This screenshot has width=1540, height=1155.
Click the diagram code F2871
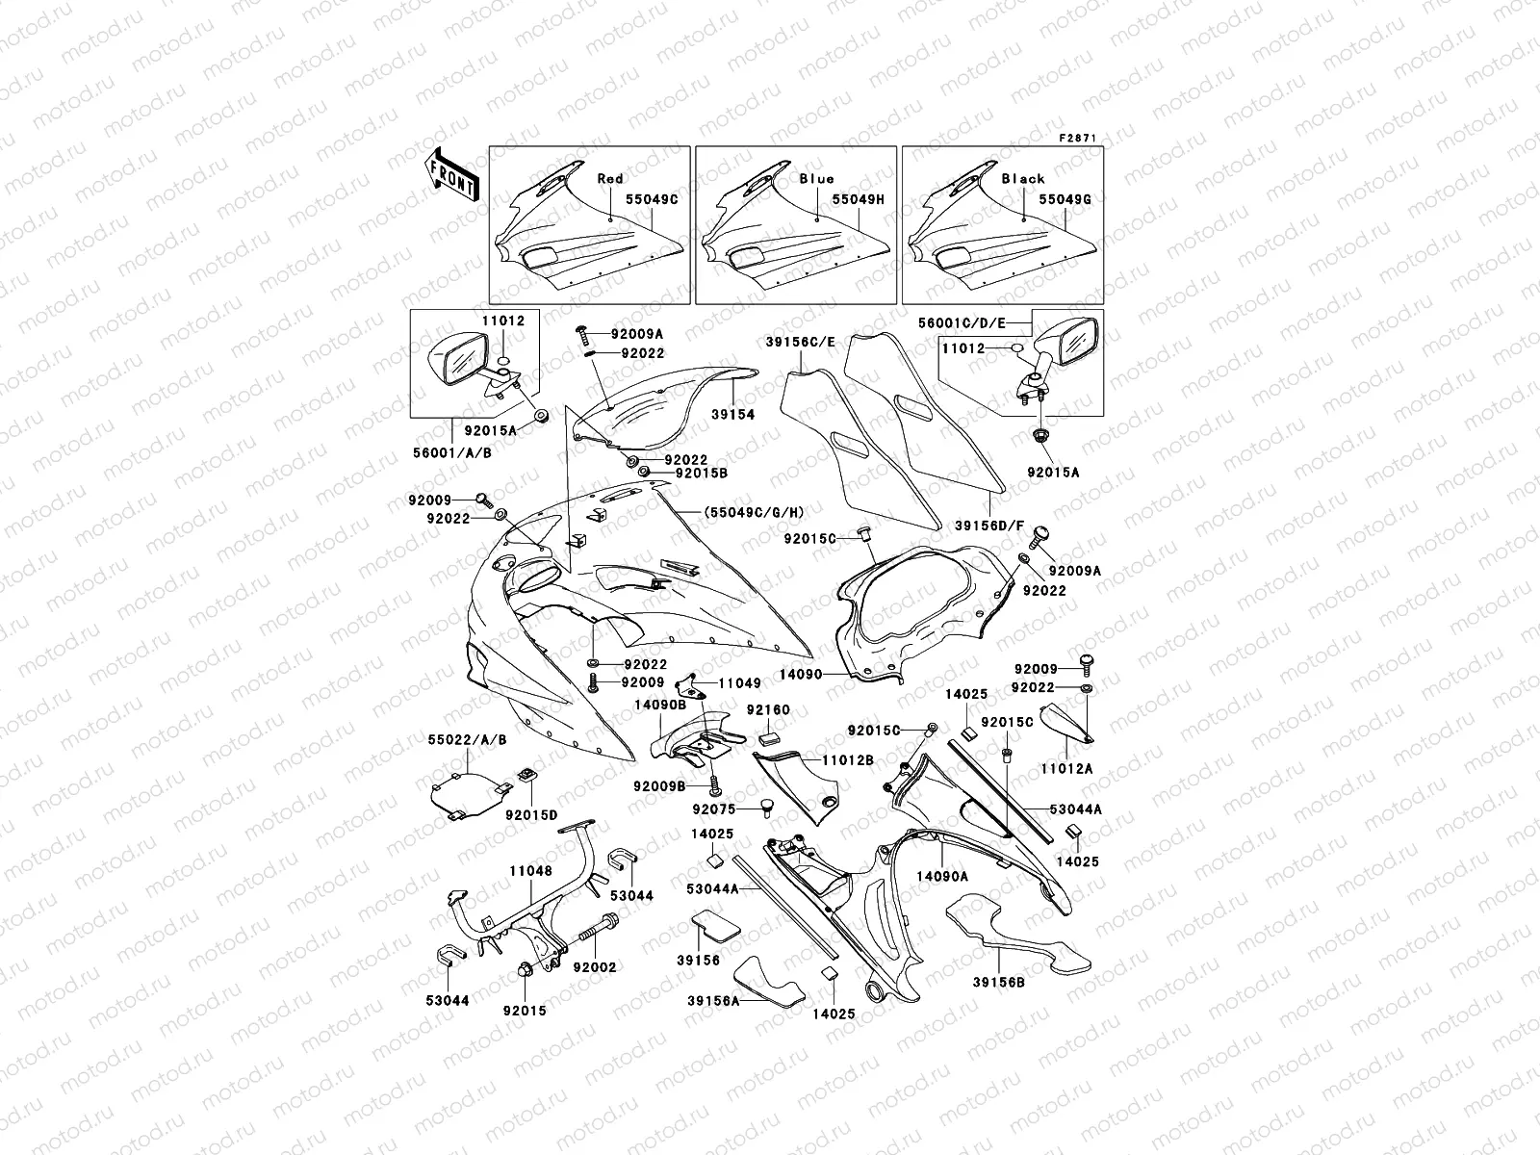click(x=1078, y=139)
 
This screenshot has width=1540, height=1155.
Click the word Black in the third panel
click(x=1023, y=179)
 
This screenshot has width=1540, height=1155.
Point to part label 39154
click(x=734, y=415)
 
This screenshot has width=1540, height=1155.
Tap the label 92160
click(x=768, y=710)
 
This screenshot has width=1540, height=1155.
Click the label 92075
click(x=713, y=810)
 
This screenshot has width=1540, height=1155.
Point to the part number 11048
click(x=530, y=870)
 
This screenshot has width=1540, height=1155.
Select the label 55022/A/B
click(x=467, y=740)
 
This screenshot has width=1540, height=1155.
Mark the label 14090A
click(x=941, y=877)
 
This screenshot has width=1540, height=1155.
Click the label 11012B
click(x=847, y=760)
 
